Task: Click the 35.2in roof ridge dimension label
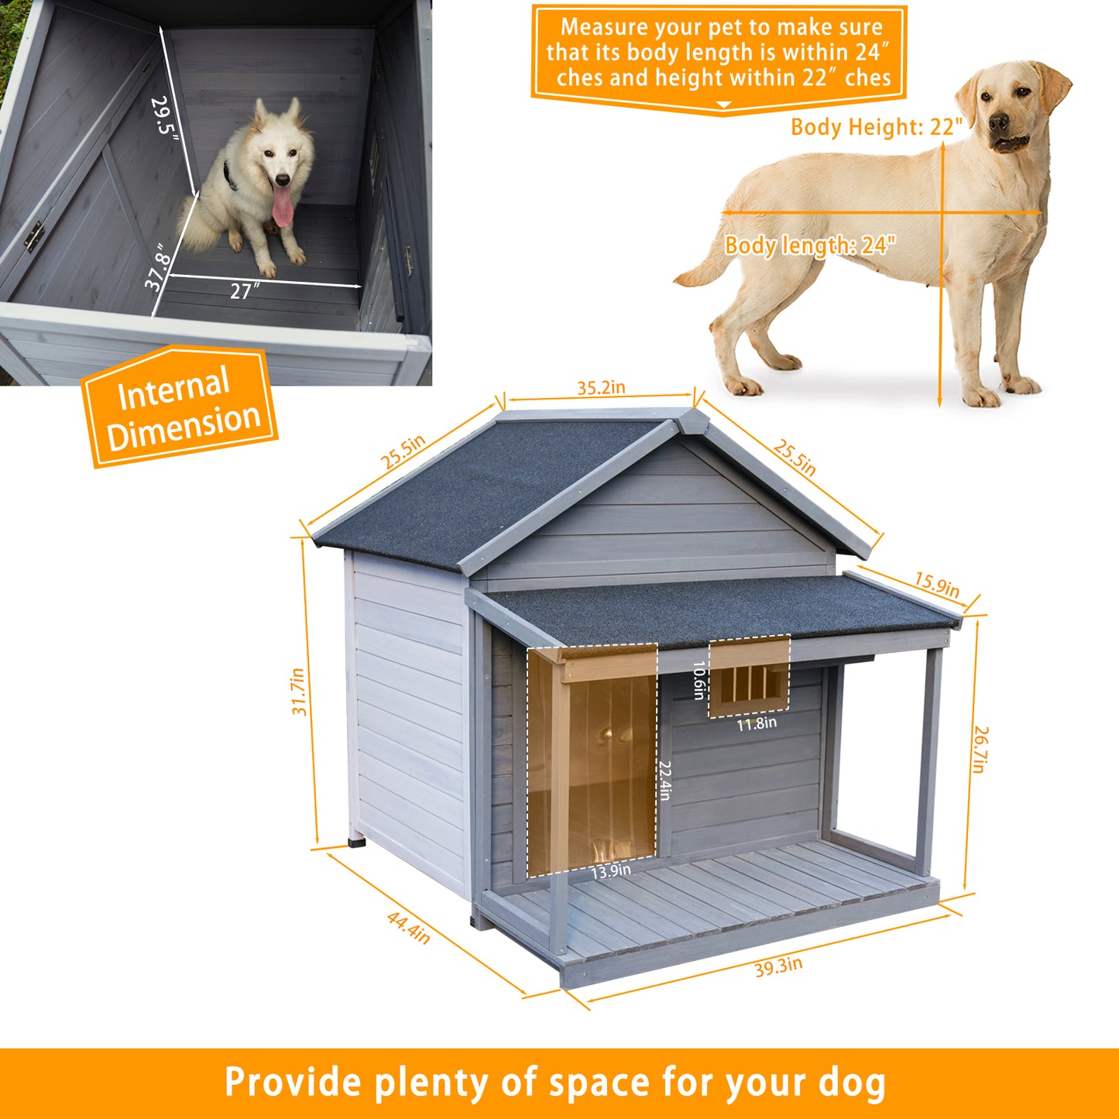(x=601, y=387)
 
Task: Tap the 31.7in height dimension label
(x=298, y=691)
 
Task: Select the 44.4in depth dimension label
(x=408, y=928)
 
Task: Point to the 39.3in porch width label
(x=778, y=967)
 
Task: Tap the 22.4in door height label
(x=665, y=781)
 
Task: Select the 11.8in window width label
(x=757, y=723)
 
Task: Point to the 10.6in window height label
(x=699, y=680)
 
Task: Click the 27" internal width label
(x=245, y=290)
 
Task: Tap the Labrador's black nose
(x=998, y=122)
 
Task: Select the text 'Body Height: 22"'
(x=877, y=126)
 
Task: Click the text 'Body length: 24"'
(x=810, y=245)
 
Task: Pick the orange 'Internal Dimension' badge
(x=179, y=406)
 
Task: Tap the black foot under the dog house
(x=356, y=840)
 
